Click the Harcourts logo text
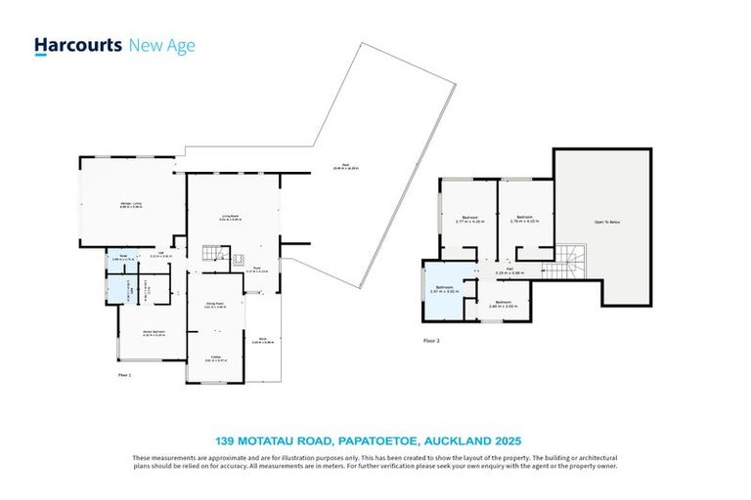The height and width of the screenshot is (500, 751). point(78,45)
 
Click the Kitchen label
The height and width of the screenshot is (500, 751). point(213,358)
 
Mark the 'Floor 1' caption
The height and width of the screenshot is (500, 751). point(125,374)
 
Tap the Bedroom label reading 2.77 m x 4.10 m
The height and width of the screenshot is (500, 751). point(470,219)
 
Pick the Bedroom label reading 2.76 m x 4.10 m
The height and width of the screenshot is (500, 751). point(524,219)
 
